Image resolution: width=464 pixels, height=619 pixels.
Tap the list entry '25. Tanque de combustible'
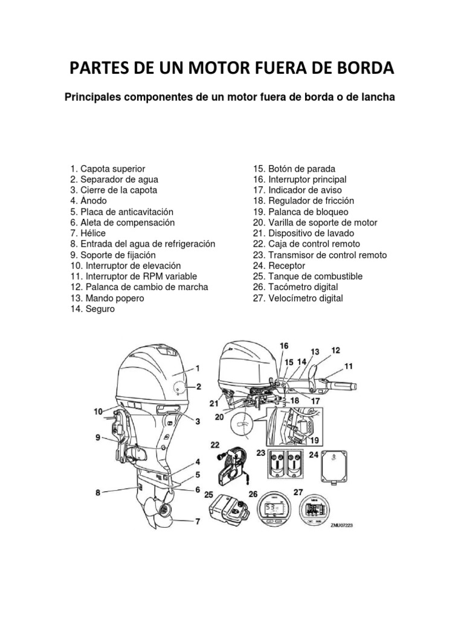tap(308, 277)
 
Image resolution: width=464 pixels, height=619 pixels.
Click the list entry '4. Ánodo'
tap(89, 201)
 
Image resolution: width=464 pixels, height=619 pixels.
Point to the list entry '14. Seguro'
tap(92, 309)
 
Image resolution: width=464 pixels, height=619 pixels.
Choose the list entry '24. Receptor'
tap(279, 266)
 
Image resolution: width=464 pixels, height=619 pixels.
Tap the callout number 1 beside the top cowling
tap(198, 367)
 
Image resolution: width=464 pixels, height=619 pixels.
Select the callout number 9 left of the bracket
tap(98, 437)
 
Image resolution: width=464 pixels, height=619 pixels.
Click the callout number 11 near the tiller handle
tap(349, 366)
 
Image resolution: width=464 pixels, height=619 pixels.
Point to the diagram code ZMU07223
tap(341, 526)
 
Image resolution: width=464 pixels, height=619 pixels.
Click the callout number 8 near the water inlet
tap(98, 493)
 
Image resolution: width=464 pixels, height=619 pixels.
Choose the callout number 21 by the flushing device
tap(214, 403)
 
